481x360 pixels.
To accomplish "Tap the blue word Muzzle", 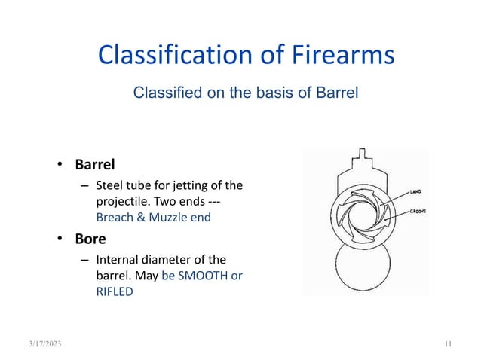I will coord(169,218).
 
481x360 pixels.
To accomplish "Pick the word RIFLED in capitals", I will coord(115,291).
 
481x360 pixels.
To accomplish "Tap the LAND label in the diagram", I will coord(415,191).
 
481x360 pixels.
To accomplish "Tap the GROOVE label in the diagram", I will coord(419,212).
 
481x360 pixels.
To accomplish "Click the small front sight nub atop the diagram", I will coord(364,156).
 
